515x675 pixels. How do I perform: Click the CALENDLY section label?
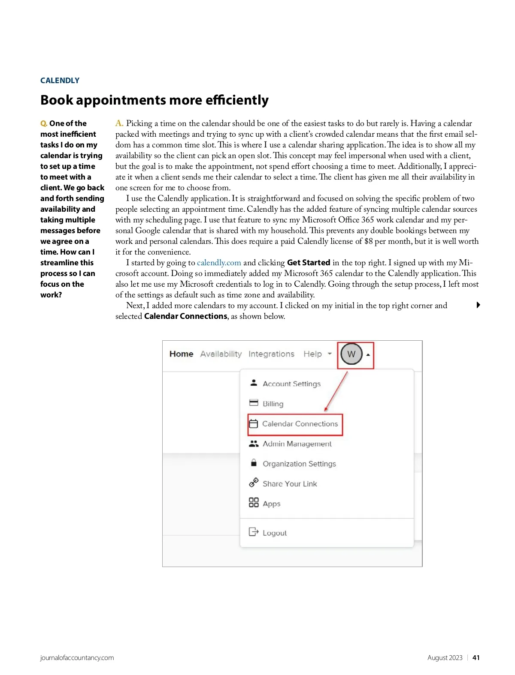pos(60,81)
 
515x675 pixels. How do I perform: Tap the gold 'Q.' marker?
pos(44,123)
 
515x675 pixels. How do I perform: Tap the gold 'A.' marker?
pos(119,123)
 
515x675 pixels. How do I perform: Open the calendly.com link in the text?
pos(219,263)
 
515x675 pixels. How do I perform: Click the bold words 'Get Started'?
pos(308,263)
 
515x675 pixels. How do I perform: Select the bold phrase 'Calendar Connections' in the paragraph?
pos(185,316)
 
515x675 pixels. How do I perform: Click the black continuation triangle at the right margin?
pos(478,305)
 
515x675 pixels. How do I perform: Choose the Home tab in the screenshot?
pos(181,354)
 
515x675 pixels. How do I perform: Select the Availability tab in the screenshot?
pos(221,354)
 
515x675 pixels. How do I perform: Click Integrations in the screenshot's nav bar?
pos(271,354)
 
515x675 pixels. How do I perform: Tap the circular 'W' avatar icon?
pos(351,354)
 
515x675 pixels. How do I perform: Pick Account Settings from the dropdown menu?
pos(291,384)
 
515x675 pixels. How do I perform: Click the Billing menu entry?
pos(273,404)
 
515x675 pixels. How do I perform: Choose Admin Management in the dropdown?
pos(297,444)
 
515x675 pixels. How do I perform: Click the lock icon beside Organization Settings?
pos(254,463)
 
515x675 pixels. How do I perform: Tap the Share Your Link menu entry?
pos(290,484)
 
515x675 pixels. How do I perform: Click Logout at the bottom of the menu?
pos(274,533)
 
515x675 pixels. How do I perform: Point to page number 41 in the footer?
pos(476,658)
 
